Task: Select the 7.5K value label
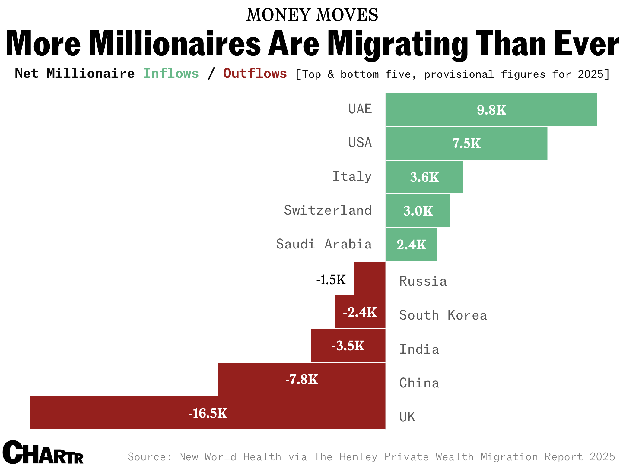pos(466,144)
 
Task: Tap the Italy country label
pos(352,177)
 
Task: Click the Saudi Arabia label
pos(324,244)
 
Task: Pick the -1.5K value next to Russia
pos(331,280)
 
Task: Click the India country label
pos(419,349)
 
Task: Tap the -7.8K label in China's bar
pos(301,380)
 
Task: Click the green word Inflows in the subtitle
pos(171,74)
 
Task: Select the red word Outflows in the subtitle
pos(255,74)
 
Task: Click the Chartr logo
pos(43,453)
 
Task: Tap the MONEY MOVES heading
pos(312,15)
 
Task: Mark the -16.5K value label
pos(208,413)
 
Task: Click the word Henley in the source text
pos(358,457)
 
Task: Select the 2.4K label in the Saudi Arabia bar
pos(412,245)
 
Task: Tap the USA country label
pos(360,143)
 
